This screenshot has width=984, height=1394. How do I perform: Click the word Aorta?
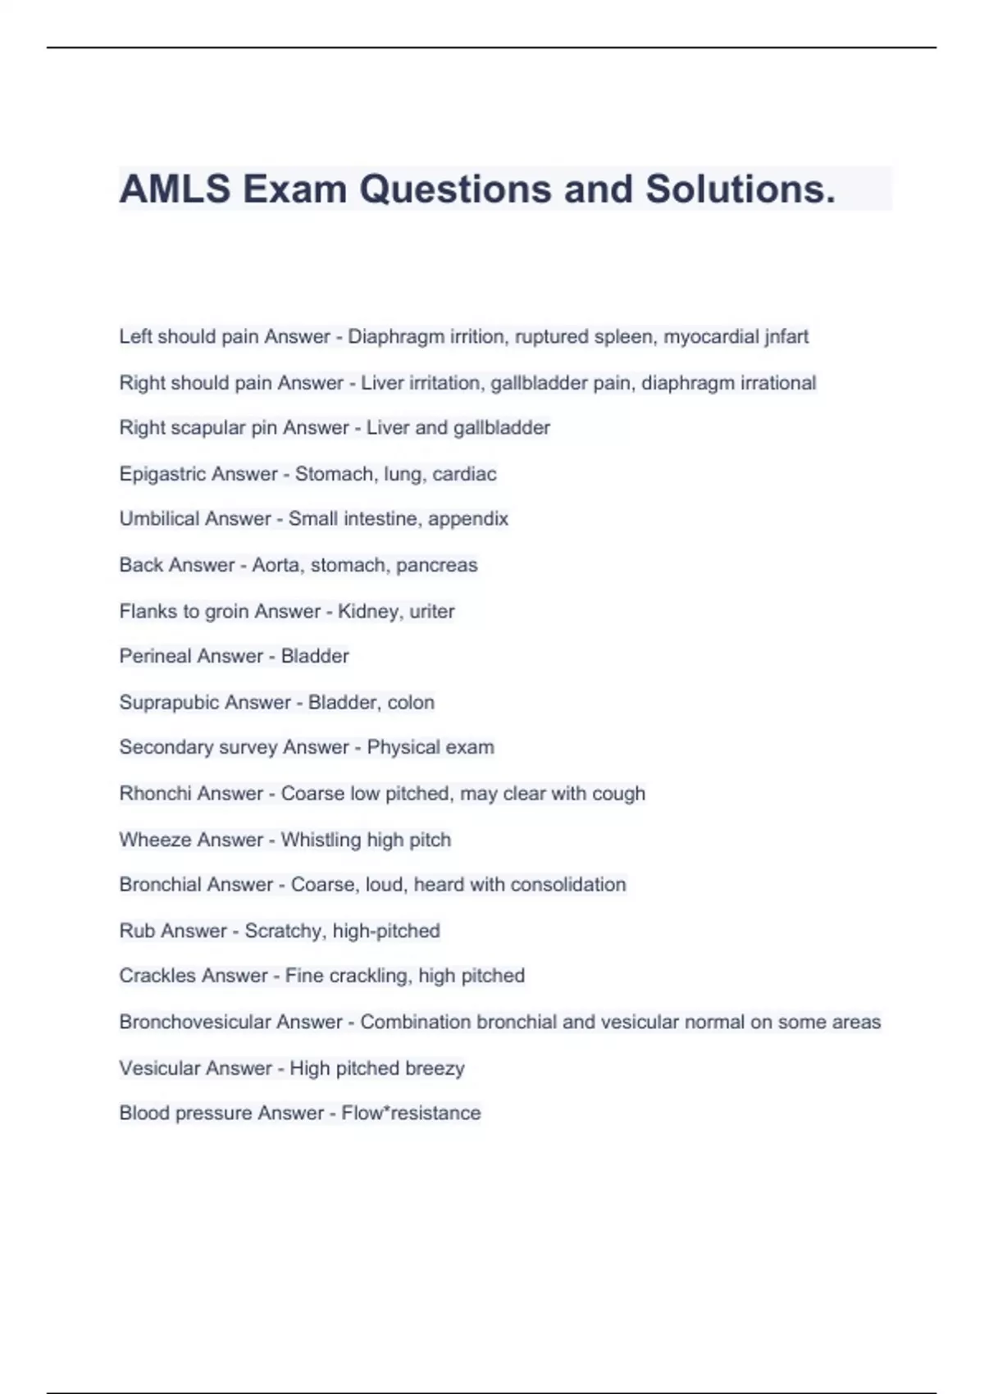pos(276,565)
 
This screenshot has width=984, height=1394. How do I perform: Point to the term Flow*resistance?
pos(411,1113)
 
